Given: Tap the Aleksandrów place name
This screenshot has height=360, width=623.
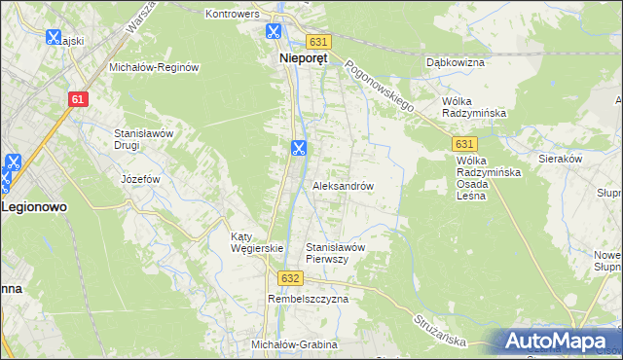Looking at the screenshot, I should click(343, 185).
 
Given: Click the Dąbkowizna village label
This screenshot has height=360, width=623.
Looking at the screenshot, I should click(456, 62).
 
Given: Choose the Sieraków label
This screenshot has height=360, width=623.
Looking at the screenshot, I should click(560, 157).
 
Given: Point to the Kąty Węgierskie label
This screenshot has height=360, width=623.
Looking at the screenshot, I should click(256, 242).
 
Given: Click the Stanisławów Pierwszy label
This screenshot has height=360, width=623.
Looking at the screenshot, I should click(335, 253).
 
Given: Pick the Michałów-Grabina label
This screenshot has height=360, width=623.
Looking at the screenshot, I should click(294, 344).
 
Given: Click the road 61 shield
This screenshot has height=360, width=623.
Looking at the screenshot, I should click(80, 99).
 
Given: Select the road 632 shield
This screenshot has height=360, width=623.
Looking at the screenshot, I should click(289, 277).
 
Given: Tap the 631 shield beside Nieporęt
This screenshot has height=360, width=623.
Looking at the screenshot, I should click(319, 42).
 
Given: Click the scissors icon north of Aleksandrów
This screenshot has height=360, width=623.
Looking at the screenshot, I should click(298, 148).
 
